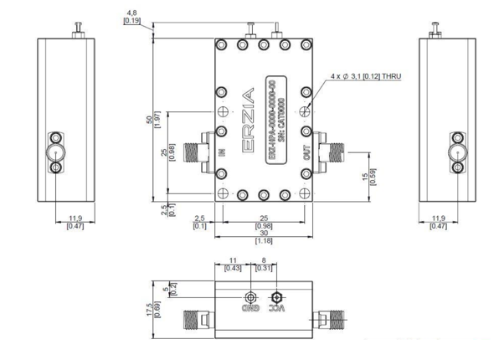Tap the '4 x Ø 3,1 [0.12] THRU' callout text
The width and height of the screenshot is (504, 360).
pyautogui.click(x=367, y=77)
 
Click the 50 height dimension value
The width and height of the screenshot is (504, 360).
pyautogui.click(x=150, y=120)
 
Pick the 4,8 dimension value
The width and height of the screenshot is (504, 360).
pyautogui.click(x=131, y=13)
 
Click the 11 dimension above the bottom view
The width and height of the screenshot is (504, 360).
pyautogui.click(x=234, y=260)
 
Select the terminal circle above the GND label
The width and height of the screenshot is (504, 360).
pyautogui.click(x=249, y=297)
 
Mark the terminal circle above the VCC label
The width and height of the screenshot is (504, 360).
pyautogui.click(x=276, y=297)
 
